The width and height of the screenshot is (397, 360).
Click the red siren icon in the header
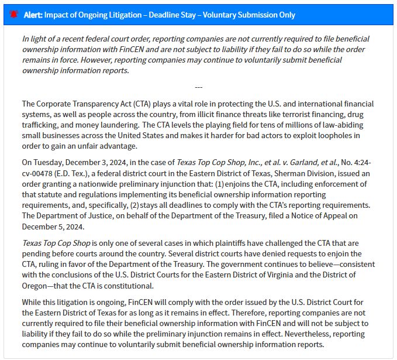pos(15,15)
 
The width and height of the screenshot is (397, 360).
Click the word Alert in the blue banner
pos(33,15)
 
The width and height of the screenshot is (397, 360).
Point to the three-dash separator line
pos(198,87)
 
